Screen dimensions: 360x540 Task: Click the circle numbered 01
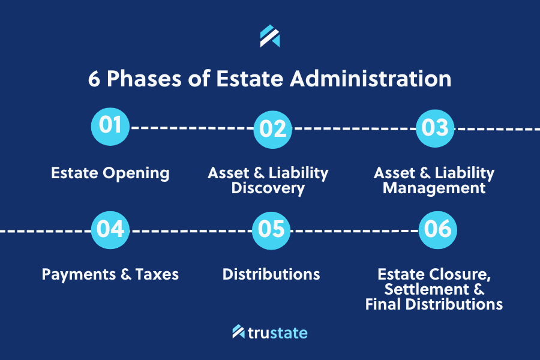click(110, 126)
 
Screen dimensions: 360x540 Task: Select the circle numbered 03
click(435, 128)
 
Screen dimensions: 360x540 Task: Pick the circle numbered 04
click(110, 230)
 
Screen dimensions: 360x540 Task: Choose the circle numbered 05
click(271, 230)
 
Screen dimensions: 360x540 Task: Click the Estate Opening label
click(110, 173)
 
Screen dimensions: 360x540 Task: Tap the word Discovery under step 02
click(268, 188)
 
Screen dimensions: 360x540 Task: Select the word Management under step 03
click(434, 188)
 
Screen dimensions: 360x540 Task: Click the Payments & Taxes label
click(110, 275)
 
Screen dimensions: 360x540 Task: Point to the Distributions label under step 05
click(271, 275)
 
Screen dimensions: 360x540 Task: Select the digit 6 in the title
click(94, 79)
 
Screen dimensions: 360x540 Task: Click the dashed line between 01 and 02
click(192, 128)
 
